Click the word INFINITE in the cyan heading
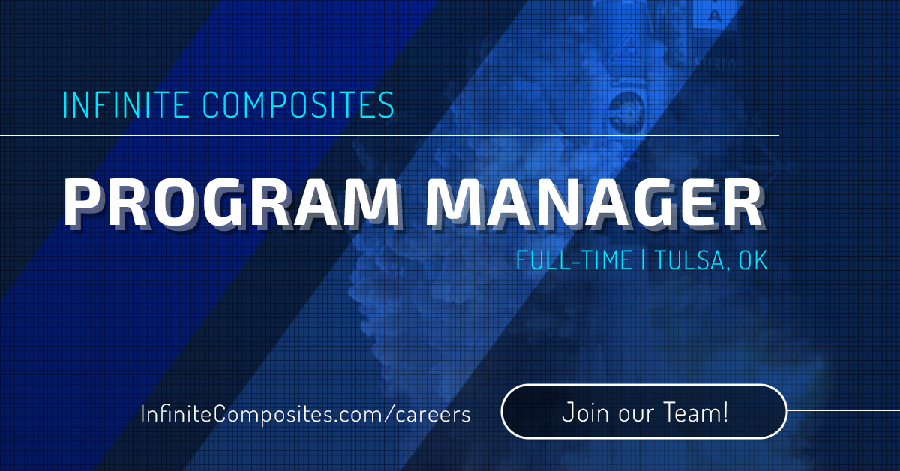coord(126,104)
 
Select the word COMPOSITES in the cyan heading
coord(298,104)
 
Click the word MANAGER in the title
coord(595,203)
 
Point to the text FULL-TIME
coord(574,260)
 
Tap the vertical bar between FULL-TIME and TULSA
coord(643,259)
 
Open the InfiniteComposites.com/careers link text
coord(305,414)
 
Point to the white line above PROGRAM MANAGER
coord(389,136)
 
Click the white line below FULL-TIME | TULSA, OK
coord(389,310)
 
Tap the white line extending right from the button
coord(843,410)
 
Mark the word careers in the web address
coord(433,415)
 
